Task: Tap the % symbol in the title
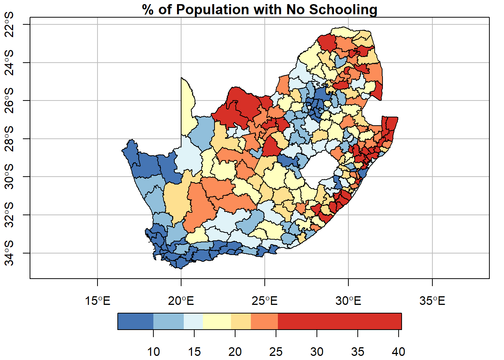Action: coord(148,9)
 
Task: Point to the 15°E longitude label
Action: coord(97,301)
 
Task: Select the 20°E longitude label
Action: coord(181,301)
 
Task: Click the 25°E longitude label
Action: coord(265,301)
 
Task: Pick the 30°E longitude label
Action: coord(348,301)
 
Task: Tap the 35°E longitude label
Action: coord(432,301)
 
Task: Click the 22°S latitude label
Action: coord(9,24)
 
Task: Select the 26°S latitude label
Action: coord(9,100)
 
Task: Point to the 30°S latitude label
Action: coord(9,177)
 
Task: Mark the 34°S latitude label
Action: coord(9,253)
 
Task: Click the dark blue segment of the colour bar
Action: coord(135,321)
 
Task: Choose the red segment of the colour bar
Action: coord(339,321)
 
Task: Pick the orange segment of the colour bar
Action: coord(264,321)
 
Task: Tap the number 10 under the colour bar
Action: coord(153,352)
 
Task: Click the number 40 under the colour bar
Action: coord(398,352)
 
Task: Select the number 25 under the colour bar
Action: coord(276,352)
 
